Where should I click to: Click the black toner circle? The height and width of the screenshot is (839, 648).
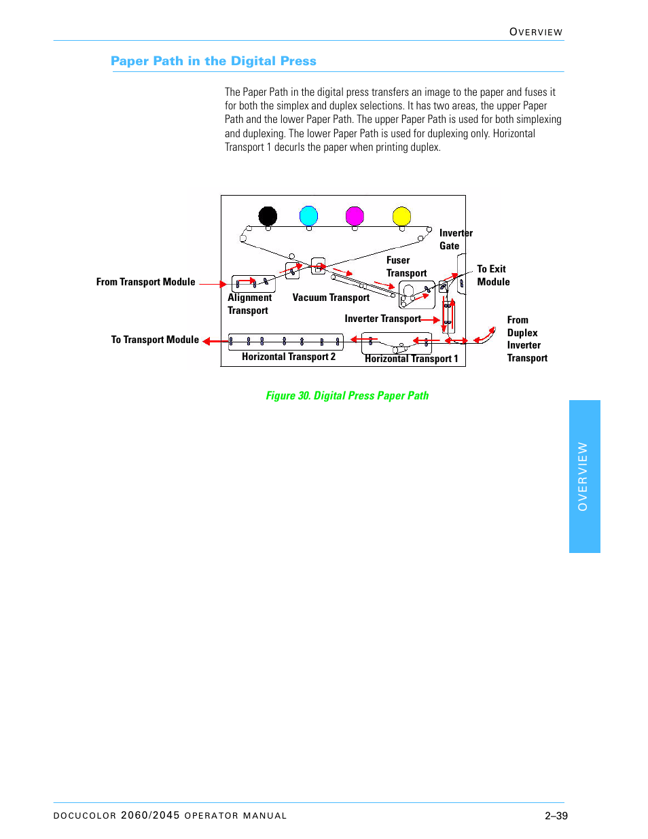pos(268,216)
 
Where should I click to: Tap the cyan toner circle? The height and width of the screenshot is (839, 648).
pos(309,216)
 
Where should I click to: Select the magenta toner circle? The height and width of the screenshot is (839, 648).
pos(355,216)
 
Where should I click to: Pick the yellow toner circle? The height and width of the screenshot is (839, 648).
pos(402,216)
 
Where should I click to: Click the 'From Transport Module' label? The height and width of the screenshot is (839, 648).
pos(145,282)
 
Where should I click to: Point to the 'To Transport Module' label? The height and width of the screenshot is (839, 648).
pos(155,340)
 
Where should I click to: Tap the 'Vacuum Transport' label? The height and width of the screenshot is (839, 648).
pos(331,298)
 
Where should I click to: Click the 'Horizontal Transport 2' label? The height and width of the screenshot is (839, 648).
pos(289,357)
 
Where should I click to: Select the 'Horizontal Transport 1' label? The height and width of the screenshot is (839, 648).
pos(412,359)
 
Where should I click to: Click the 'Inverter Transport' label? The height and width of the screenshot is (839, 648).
pos(382,319)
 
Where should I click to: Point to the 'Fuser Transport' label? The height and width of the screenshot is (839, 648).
pos(406,266)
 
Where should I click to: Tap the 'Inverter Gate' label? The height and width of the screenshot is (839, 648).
pos(455,239)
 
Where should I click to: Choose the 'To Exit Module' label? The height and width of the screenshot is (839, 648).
pos(493,275)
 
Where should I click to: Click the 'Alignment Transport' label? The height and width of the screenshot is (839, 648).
pos(249,304)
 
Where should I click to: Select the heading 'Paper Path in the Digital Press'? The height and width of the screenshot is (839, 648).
pos(213,61)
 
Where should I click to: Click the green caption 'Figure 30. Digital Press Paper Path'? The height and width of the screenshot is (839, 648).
pos(347,395)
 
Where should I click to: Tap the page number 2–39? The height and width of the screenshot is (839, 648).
pos(556,816)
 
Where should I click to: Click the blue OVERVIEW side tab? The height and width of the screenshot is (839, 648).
pos(584,476)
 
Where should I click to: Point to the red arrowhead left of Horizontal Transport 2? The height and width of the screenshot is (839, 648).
pos(206,341)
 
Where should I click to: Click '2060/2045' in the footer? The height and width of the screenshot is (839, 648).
pos(150,815)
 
